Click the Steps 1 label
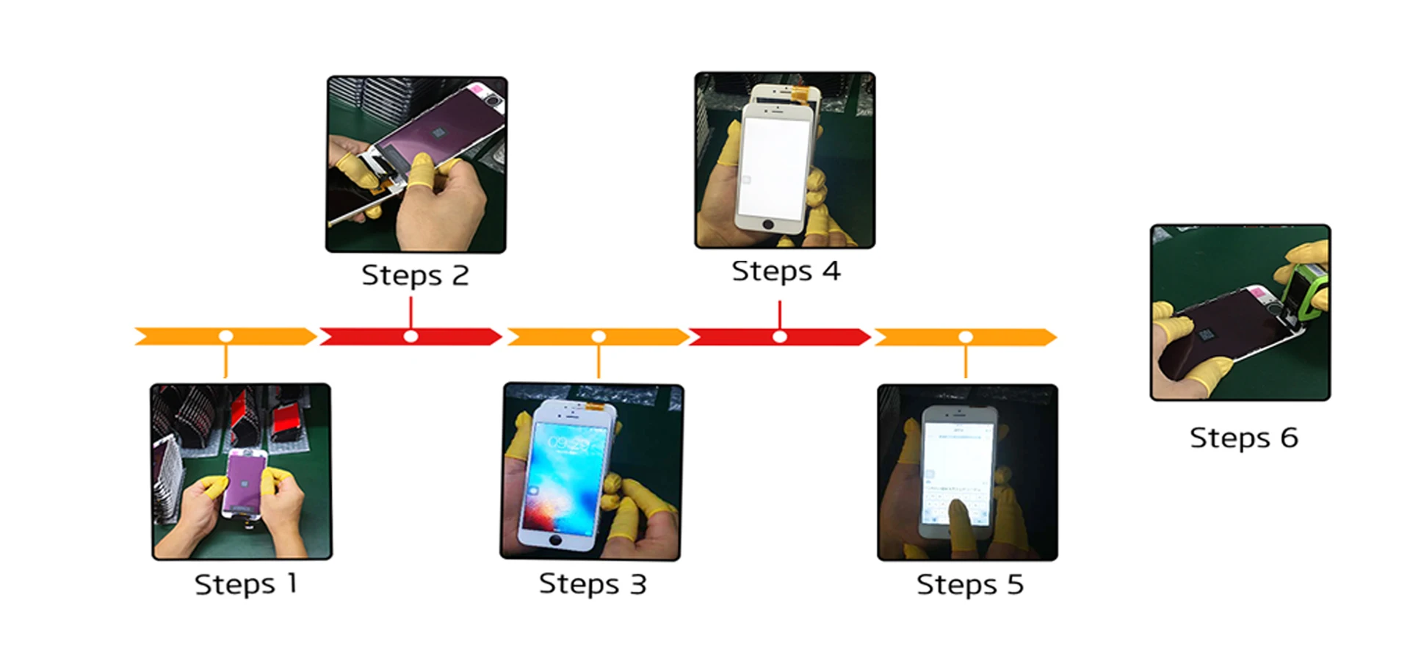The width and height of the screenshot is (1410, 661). (246, 585)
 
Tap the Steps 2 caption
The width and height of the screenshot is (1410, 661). (415, 275)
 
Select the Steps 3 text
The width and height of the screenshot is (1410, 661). (593, 585)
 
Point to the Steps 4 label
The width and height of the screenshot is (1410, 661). (786, 271)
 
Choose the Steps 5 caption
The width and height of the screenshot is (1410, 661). (969, 585)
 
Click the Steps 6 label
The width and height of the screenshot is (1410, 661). (1244, 438)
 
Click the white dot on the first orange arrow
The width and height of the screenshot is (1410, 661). (226, 336)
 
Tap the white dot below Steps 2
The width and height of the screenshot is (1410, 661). (411, 336)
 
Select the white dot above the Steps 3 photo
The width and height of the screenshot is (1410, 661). (599, 336)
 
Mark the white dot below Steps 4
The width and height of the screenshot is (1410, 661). (780, 336)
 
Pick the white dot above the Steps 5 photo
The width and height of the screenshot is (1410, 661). (966, 336)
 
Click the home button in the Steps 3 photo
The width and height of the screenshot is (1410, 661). (555, 540)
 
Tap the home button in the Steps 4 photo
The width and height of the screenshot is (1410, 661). (768, 224)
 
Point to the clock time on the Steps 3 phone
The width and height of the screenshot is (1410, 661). (568, 443)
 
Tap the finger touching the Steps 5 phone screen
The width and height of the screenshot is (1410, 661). (958, 514)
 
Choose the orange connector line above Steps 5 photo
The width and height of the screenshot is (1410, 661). (966, 361)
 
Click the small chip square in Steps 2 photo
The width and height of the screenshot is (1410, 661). (438, 132)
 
